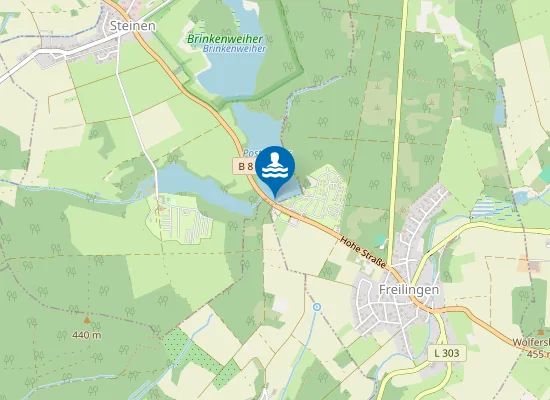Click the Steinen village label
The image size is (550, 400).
pos(133,26)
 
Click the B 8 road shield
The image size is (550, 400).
pos(245,165)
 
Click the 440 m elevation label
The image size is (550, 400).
pos(86,335)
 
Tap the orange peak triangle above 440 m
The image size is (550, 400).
pos(86,321)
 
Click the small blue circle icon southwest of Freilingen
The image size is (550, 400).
pos(317,307)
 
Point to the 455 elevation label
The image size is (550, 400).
pos(534,353)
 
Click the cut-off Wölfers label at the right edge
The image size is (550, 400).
pos(530,342)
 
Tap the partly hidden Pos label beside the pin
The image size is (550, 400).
pos(250,153)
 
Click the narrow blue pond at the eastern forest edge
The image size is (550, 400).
pos(499,100)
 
